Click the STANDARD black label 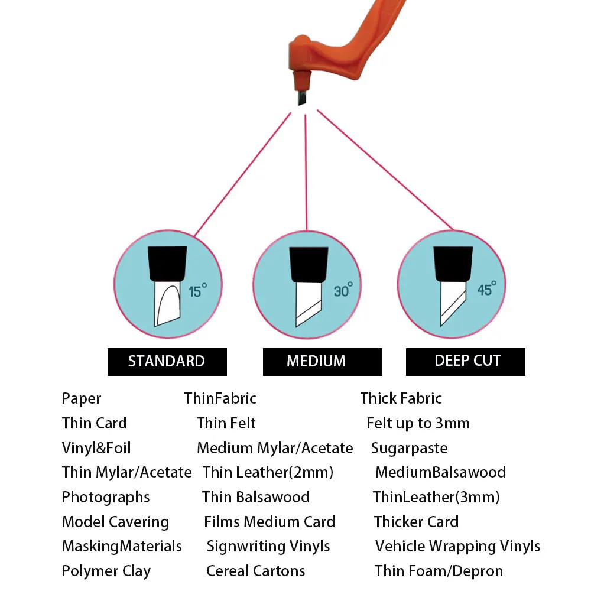167,362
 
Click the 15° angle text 197,291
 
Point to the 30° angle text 342,290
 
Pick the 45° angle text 486,289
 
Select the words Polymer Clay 106,571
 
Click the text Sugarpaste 409,448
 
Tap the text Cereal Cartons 255,571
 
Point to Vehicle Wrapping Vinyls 457,546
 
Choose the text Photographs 106,498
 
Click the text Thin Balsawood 255,498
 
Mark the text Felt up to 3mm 418,423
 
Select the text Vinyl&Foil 96,448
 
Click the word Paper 82,399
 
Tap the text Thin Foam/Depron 439,571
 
